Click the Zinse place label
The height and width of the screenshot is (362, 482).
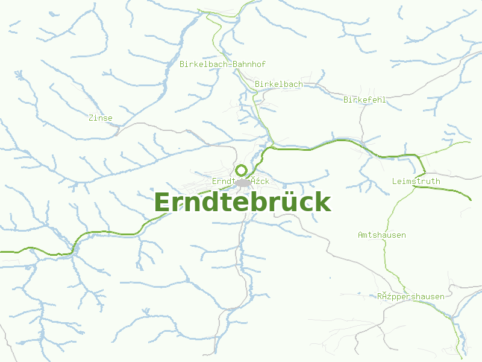point(100,118)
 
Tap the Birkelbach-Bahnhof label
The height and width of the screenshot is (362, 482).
point(222,64)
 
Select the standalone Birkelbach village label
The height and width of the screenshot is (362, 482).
point(278,84)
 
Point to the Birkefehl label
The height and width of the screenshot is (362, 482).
point(365,100)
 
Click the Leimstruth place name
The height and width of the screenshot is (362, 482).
point(416,181)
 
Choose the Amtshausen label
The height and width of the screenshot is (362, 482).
point(381,235)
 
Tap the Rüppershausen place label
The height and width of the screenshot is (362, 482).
point(411,296)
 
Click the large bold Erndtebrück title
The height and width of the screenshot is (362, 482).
point(242,202)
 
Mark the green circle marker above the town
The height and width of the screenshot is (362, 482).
point(241,170)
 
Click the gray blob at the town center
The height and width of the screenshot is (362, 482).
point(243,182)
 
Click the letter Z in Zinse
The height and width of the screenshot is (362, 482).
point(90,118)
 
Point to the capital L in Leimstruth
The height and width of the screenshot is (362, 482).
point(394,181)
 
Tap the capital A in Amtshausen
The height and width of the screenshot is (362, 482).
point(360,235)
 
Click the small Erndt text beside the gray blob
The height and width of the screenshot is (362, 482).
point(222,181)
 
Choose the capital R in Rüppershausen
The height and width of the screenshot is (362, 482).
point(380,296)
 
